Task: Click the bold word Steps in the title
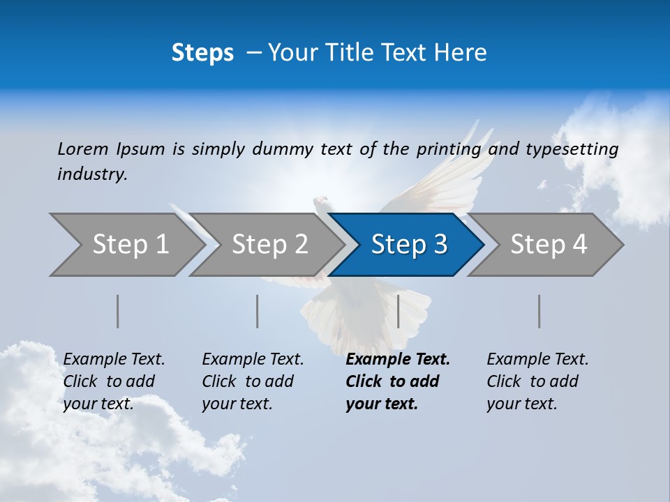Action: click(x=202, y=53)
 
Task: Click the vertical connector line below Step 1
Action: click(x=118, y=311)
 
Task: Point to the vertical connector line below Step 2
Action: click(x=258, y=311)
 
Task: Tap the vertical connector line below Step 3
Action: click(x=398, y=311)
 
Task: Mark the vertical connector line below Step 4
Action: click(x=539, y=311)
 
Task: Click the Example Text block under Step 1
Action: click(x=114, y=381)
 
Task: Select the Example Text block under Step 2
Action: click(x=253, y=381)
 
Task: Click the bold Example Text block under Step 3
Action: click(x=398, y=381)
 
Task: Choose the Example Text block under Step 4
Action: click(x=537, y=381)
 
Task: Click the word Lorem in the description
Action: click(x=83, y=149)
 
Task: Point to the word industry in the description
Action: click(x=92, y=174)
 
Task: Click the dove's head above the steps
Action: click(x=321, y=203)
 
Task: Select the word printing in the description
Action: click(x=448, y=149)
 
